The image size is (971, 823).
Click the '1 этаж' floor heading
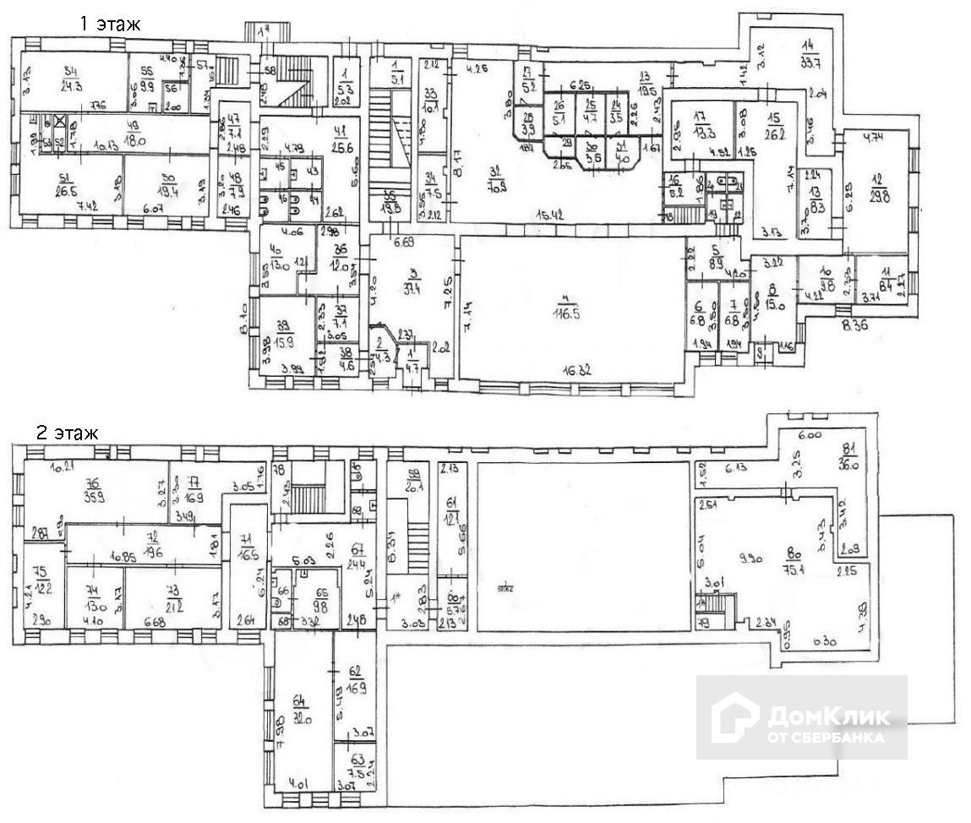[110, 25]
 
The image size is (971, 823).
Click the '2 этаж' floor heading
[67, 433]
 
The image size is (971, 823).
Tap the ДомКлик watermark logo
[800, 717]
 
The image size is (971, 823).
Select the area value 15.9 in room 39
[285, 342]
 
